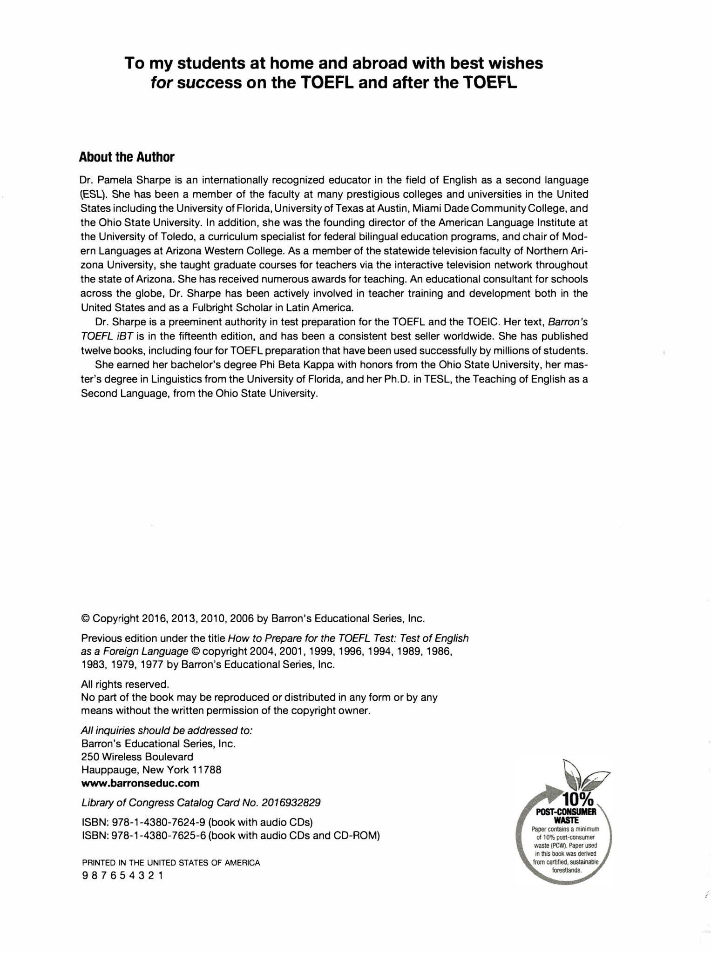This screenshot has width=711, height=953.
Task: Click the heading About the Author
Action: (127, 157)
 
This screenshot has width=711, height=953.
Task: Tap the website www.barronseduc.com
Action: (140, 783)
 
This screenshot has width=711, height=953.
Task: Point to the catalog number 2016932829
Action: (291, 803)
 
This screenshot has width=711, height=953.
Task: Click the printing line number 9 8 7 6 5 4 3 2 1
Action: (122, 875)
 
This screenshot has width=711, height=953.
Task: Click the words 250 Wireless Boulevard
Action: (137, 757)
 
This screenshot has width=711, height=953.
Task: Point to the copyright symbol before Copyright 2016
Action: (85, 618)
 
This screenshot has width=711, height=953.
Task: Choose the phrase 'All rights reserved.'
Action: (124, 684)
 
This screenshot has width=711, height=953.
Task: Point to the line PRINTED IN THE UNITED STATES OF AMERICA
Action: (170, 862)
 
